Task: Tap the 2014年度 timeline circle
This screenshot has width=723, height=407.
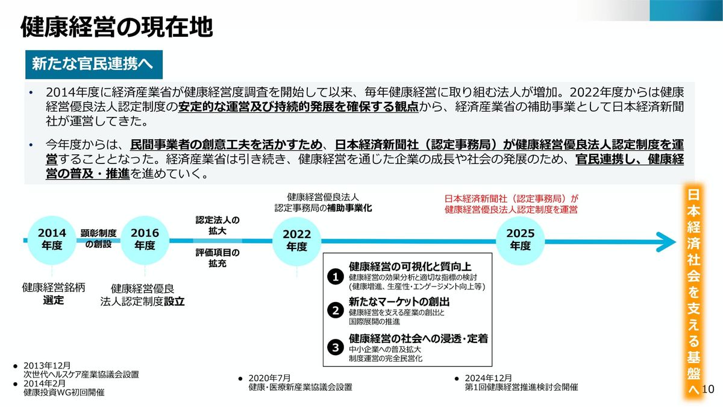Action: [52, 239]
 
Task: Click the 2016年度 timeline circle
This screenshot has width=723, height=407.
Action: [145, 239]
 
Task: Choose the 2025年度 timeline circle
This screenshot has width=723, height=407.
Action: [520, 239]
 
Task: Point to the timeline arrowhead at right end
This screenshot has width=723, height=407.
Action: [666, 240]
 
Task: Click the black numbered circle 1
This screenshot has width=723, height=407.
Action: [335, 277]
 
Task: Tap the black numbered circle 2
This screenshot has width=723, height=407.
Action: [335, 311]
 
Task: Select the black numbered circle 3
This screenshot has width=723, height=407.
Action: [335, 347]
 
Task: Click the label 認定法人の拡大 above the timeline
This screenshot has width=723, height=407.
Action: [218, 225]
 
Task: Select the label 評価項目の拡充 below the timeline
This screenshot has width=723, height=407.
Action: [218, 257]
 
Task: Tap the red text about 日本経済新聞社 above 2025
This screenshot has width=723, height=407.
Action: [511, 204]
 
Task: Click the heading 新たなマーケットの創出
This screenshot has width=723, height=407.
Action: [399, 301]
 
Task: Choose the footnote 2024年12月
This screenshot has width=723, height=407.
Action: [489, 377]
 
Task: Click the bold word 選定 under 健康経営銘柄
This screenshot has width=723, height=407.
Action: [53, 300]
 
